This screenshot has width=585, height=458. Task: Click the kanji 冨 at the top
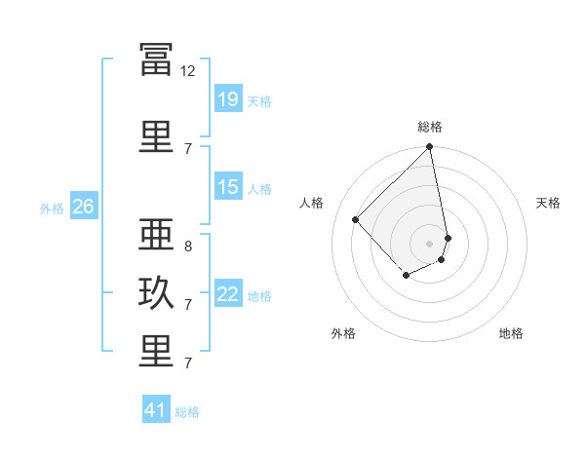point(156,59)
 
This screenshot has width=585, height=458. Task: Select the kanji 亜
point(156,234)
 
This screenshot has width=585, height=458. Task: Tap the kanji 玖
point(156,292)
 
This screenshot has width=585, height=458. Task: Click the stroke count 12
point(187,71)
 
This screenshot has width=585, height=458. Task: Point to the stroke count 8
point(188,247)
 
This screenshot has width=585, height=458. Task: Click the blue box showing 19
point(228,98)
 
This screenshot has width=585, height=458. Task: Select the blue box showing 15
point(228,186)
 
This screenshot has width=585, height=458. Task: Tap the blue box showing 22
point(228,292)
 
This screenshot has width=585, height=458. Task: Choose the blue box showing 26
point(84,206)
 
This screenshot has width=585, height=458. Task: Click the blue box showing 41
point(156,408)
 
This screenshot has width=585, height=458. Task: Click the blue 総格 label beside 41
point(187,412)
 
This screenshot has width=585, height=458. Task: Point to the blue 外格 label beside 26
point(52,209)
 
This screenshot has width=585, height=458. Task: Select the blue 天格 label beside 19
point(259,101)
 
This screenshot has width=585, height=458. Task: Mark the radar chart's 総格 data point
point(429,146)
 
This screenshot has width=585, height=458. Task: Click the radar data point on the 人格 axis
point(355,219)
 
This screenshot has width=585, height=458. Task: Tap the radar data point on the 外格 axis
point(407,275)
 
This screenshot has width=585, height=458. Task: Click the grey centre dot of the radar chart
point(429,244)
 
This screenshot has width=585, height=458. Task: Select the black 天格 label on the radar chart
point(548,203)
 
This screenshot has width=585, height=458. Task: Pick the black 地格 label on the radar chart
point(511,333)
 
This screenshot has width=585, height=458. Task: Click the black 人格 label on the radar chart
point(311,203)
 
